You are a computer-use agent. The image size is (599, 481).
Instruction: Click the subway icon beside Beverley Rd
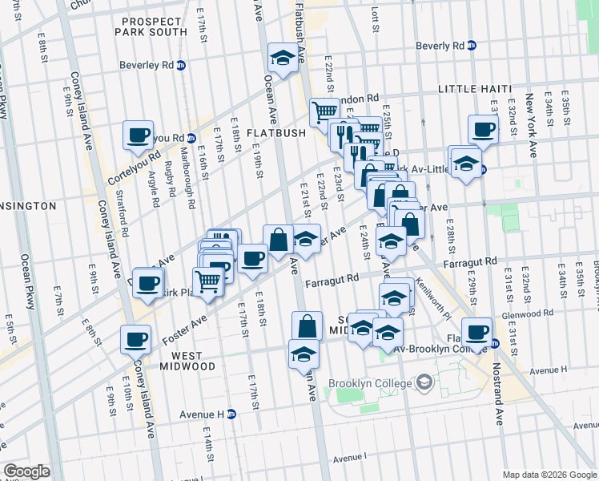click(182, 66)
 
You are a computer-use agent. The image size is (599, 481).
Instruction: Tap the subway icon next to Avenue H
click(231, 414)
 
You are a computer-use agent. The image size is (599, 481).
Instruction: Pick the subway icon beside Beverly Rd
click(472, 46)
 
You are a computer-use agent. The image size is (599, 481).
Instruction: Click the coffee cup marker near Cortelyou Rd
click(138, 134)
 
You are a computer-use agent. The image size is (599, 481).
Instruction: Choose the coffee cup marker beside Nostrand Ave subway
click(477, 332)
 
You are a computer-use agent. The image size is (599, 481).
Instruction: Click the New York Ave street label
click(530, 124)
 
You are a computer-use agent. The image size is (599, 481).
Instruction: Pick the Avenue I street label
click(350, 457)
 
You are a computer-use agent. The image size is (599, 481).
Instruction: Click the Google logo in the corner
click(26, 471)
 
